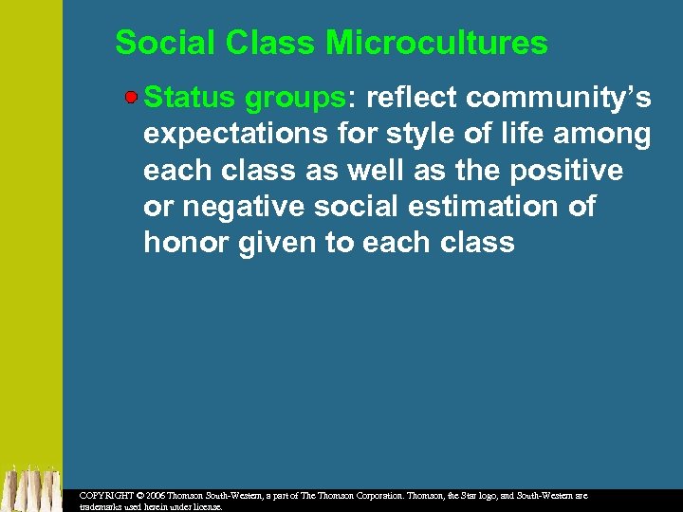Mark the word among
pos(604,136)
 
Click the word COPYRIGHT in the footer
pos(106,495)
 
